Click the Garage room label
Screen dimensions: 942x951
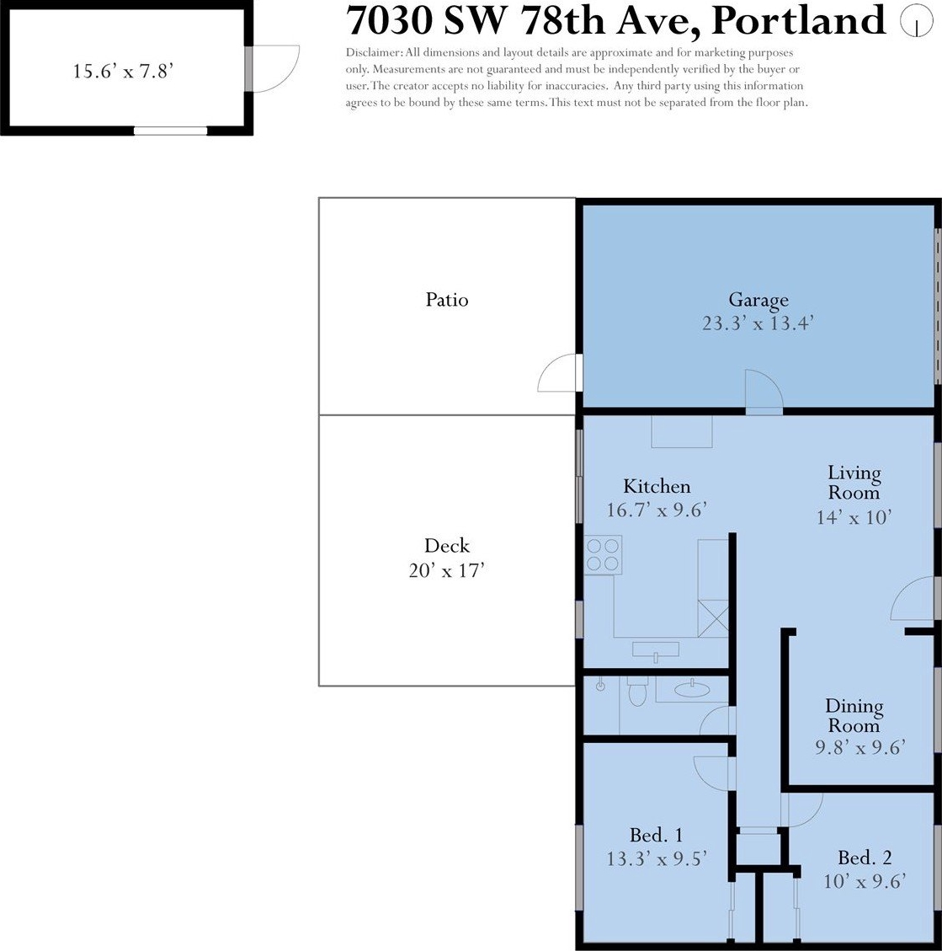click(758, 300)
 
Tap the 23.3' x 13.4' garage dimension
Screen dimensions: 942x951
click(757, 323)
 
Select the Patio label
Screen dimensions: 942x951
click(447, 300)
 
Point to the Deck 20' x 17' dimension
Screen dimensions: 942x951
click(447, 571)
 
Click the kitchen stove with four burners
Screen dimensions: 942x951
click(603, 555)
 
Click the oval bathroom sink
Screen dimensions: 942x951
click(692, 688)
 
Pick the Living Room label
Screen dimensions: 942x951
click(854, 483)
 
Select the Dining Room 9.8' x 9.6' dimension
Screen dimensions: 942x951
click(860, 747)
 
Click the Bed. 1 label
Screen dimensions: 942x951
click(657, 835)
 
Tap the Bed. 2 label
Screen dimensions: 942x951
click(865, 858)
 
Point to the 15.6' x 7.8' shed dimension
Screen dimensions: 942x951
click(123, 72)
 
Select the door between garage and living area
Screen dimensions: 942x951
click(764, 392)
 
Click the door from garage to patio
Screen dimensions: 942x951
click(560, 373)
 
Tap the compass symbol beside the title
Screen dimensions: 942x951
click(916, 21)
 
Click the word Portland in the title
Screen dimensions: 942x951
click(798, 20)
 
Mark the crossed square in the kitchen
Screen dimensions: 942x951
click(713, 618)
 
